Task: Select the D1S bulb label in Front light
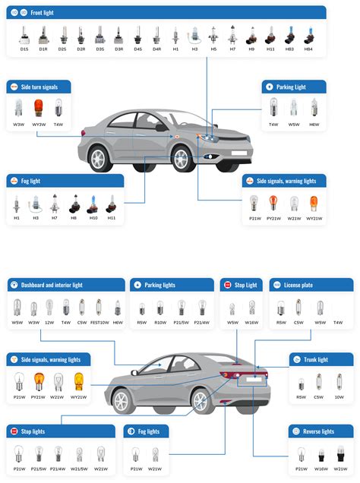click(24, 49)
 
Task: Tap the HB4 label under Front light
click(308, 49)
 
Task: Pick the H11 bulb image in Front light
click(270, 35)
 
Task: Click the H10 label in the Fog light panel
click(93, 219)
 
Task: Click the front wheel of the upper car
click(181, 159)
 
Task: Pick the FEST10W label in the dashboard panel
click(99, 323)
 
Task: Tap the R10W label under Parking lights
click(160, 323)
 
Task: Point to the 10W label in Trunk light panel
click(339, 396)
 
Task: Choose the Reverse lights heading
click(317, 431)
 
